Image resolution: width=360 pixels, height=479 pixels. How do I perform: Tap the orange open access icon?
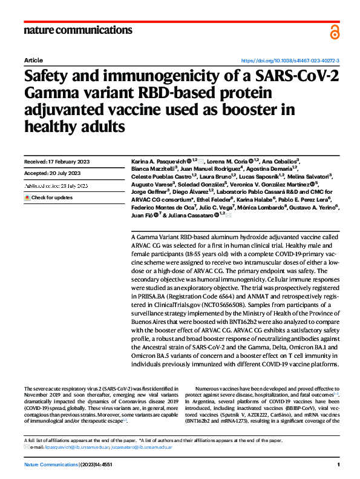[335, 32]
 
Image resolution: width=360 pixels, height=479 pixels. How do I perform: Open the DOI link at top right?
[290, 61]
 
